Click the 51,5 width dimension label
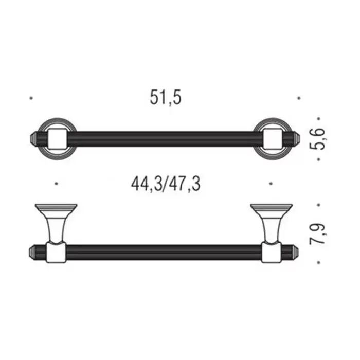tap(166, 98)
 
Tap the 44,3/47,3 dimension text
tap(166, 184)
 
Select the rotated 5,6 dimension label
tap(317, 139)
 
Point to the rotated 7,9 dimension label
tap(317, 233)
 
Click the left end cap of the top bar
tap(33, 139)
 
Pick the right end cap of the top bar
tap(296, 139)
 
